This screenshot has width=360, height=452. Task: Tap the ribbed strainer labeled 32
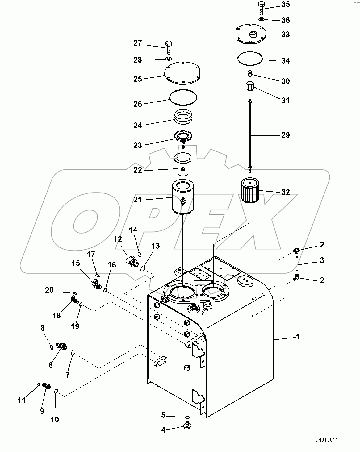(x=249, y=192)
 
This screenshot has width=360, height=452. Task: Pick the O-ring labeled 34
(x=250, y=59)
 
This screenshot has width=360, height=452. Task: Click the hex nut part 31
(x=250, y=86)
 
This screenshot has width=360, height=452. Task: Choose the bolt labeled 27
(x=169, y=47)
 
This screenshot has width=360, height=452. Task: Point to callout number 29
(x=286, y=135)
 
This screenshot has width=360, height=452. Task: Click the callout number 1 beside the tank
(x=298, y=336)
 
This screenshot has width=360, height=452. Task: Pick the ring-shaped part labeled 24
(x=183, y=117)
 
